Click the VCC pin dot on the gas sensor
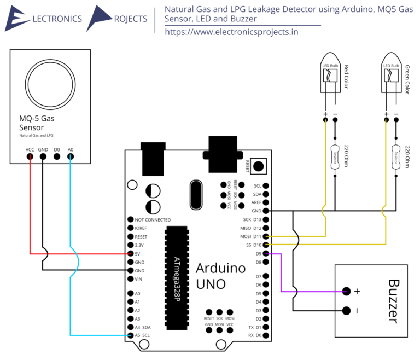(x=30, y=157)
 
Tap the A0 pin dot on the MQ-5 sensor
(x=70, y=157)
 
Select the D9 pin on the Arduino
(x=266, y=254)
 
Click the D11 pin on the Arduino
(x=266, y=236)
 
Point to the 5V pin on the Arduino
(x=130, y=254)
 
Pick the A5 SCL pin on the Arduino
(x=130, y=335)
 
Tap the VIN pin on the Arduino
(x=130, y=279)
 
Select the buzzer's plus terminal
(x=346, y=291)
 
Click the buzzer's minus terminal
(x=346, y=310)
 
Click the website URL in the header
(x=231, y=32)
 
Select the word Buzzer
(x=395, y=301)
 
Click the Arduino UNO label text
(x=220, y=276)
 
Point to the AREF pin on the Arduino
(x=266, y=202)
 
